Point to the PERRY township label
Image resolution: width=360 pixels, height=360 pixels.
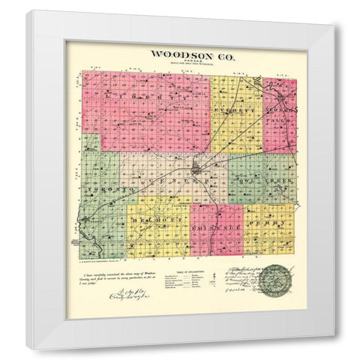(x=269, y=223)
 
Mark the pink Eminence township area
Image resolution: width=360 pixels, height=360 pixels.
(x=216, y=240)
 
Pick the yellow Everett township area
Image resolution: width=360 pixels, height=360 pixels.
(x=235, y=127)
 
